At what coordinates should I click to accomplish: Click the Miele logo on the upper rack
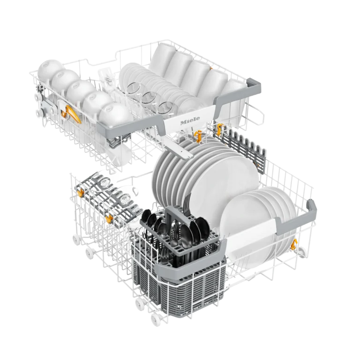(190, 121)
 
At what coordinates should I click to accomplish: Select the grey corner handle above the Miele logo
(238, 95)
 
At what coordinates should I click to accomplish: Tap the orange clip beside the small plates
(293, 245)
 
